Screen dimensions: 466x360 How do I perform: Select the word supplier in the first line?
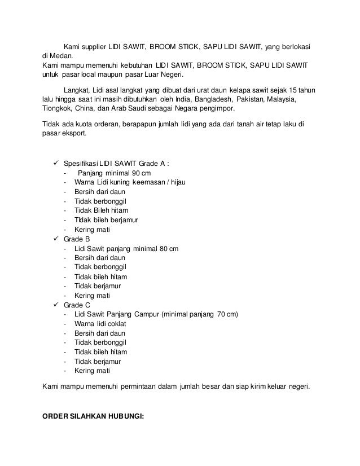[x=99, y=46]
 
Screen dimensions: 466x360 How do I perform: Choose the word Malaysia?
[x=289, y=99]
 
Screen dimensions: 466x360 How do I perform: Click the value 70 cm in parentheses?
[x=226, y=314]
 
